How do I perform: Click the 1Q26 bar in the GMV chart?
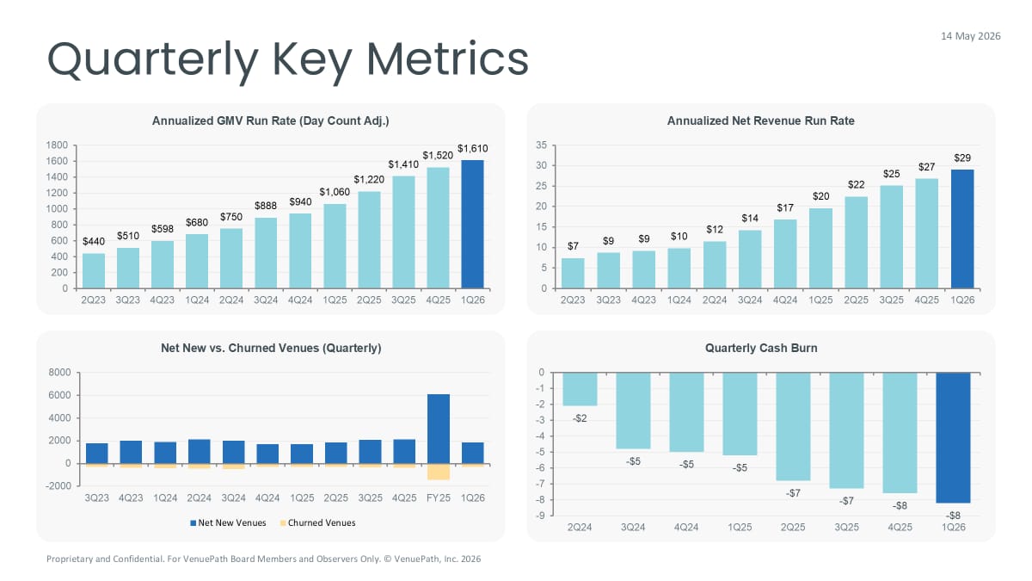click(472, 224)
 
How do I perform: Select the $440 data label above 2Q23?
click(94, 242)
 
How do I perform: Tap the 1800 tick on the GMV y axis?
click(58, 145)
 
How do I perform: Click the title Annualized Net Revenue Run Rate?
click(760, 121)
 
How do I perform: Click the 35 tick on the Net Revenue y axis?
click(542, 145)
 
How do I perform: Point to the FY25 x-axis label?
click(438, 498)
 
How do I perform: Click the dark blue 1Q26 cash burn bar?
click(953, 437)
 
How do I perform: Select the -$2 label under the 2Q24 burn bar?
click(580, 418)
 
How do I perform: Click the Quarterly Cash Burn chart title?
click(760, 349)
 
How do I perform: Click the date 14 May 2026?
click(970, 36)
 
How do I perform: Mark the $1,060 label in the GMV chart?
click(335, 192)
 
